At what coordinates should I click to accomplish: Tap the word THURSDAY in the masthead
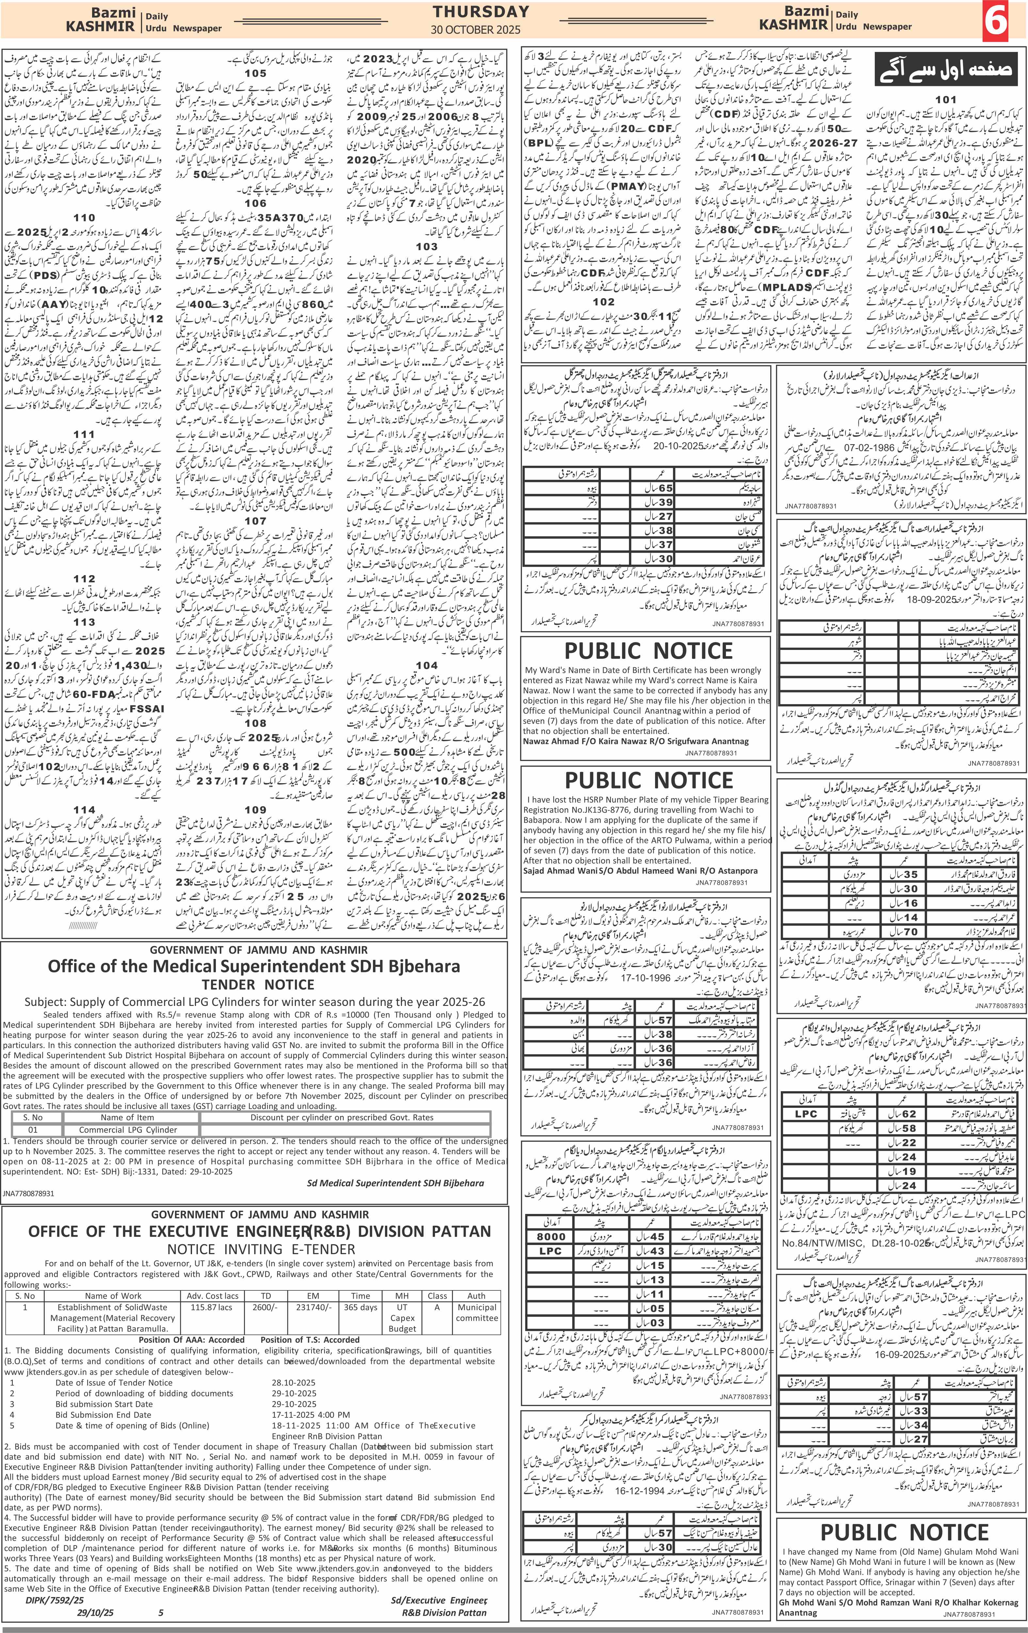[x=481, y=11]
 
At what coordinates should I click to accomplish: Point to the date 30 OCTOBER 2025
[x=475, y=30]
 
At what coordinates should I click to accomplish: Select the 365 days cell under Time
[x=360, y=1307]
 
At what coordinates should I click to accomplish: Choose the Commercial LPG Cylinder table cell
[x=128, y=1130]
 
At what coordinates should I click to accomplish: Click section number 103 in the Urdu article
[x=426, y=246]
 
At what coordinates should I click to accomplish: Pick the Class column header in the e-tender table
[x=437, y=1295]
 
